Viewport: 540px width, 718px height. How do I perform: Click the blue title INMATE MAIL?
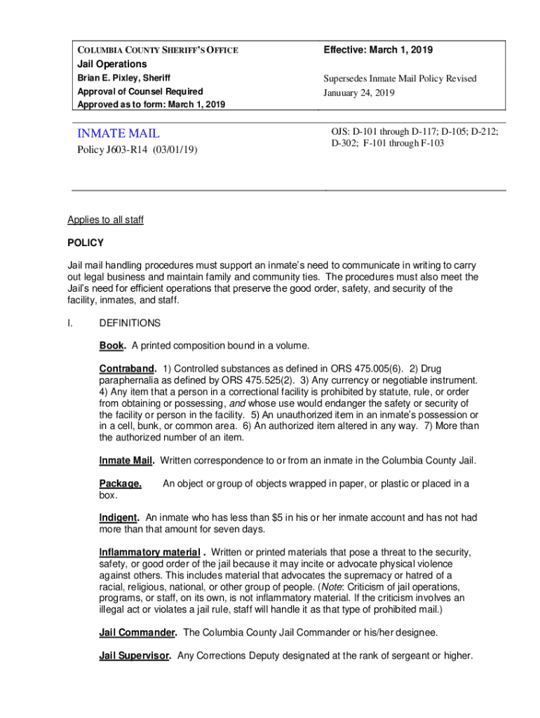[x=119, y=133]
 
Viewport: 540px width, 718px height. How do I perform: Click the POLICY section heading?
[x=86, y=243]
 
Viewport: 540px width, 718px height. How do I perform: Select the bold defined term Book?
[x=112, y=346]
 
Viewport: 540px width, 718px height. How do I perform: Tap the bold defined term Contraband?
[x=127, y=368]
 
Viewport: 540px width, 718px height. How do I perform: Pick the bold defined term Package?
[x=120, y=483]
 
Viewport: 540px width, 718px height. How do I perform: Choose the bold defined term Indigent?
[x=119, y=517]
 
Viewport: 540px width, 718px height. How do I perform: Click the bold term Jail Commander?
[x=137, y=632]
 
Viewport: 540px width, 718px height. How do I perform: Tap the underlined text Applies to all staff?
[x=105, y=220]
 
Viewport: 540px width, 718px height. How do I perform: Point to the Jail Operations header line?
[x=112, y=64]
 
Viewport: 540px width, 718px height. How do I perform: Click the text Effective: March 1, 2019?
[x=378, y=50]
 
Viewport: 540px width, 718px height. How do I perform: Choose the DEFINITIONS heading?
[x=130, y=323]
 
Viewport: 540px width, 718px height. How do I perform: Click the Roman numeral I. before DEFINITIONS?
[x=71, y=323]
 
